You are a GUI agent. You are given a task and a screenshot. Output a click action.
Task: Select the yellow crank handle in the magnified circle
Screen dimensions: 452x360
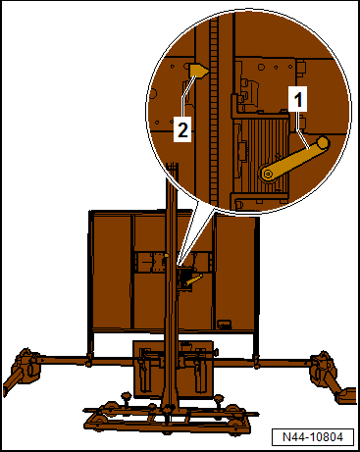tap(294, 158)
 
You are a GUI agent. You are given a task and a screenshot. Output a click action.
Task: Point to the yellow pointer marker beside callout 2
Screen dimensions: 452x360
tap(199, 71)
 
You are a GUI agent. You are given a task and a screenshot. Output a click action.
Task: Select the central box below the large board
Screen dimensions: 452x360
tap(177, 369)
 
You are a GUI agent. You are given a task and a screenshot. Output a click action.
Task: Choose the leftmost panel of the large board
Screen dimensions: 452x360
tap(109, 270)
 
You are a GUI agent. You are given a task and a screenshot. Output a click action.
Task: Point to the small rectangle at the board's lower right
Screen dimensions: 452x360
tap(225, 324)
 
